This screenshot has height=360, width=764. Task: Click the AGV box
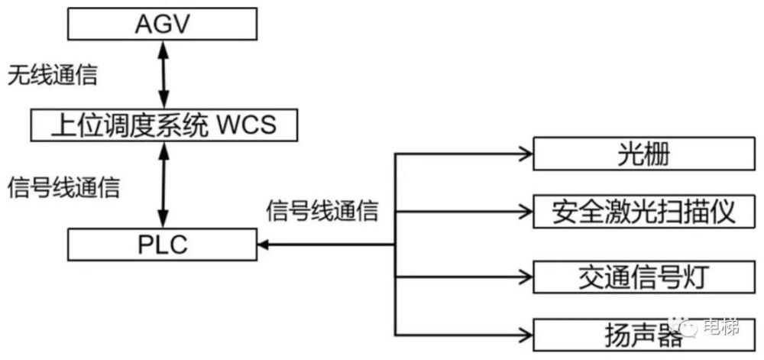[x=162, y=24]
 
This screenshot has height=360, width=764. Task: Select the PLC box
[x=162, y=245]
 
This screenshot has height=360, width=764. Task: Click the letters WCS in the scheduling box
[x=246, y=125]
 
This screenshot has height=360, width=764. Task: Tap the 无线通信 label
[x=52, y=76]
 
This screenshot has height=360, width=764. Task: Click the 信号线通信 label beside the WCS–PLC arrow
[x=63, y=188]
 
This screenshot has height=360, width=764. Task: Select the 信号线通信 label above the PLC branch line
[x=322, y=211]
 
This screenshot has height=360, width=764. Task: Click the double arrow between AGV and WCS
[x=163, y=75]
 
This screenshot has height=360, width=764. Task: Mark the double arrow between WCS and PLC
[x=163, y=185]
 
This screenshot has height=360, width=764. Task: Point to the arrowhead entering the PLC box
[x=264, y=245]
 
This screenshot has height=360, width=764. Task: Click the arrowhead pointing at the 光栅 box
[x=526, y=154]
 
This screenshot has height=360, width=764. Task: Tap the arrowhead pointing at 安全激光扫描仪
[x=526, y=212]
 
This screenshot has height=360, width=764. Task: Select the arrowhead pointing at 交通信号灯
[x=526, y=277]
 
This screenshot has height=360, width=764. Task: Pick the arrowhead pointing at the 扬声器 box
[x=526, y=335]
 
